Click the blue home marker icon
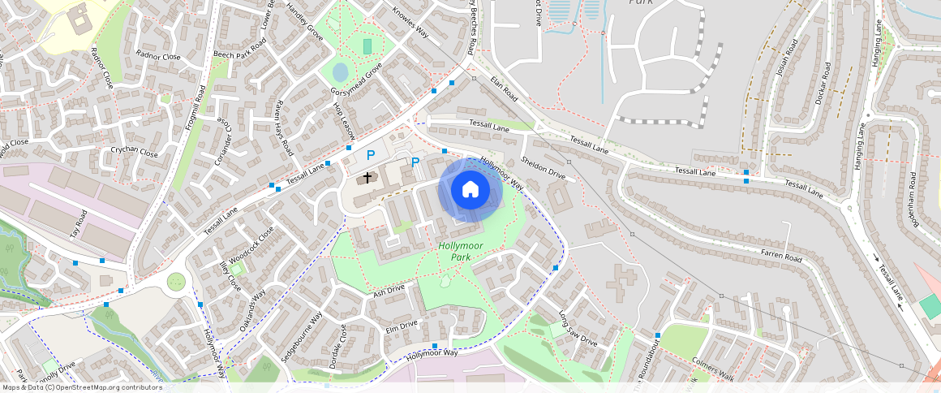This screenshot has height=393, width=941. click(x=470, y=190)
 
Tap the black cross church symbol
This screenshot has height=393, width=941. click(x=367, y=176)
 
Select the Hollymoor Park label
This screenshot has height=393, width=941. click(x=460, y=251)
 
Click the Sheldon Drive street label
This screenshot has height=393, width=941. click(x=543, y=167)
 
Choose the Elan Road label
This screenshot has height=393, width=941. click(x=504, y=89)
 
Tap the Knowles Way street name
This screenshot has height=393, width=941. click(x=410, y=24)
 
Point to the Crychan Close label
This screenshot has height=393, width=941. click(x=135, y=152)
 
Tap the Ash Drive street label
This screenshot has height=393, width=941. click(x=389, y=290)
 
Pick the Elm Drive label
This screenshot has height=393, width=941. click(x=402, y=326)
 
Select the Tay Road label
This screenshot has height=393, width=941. click(x=79, y=224)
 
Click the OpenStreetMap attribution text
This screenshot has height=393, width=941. click(x=82, y=387)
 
